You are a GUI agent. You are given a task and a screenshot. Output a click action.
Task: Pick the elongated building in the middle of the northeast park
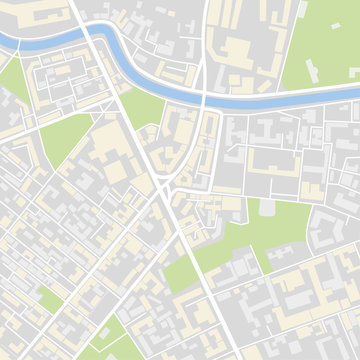[x=312, y=71]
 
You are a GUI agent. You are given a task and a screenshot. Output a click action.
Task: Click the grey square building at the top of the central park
[x=267, y=207]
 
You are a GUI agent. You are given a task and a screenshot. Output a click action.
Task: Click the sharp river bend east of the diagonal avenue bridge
[x=125, y=60]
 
